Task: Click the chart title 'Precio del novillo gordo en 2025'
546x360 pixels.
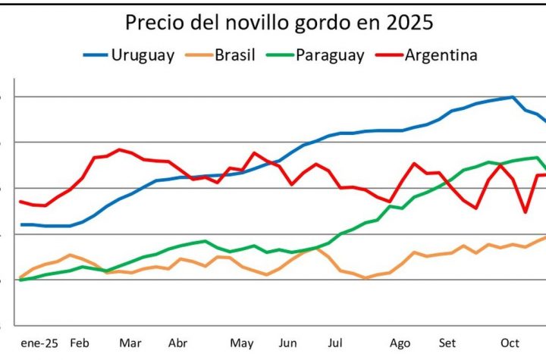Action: (x=279, y=23)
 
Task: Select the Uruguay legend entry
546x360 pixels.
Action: (x=143, y=55)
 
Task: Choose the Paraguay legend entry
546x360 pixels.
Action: (x=330, y=55)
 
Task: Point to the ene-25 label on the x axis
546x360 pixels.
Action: (x=38, y=342)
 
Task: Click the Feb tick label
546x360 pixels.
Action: (x=79, y=342)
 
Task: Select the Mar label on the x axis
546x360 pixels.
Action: (x=130, y=342)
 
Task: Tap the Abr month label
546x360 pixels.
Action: (x=177, y=342)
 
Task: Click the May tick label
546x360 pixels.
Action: (x=242, y=342)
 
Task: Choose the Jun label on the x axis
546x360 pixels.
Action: (x=288, y=342)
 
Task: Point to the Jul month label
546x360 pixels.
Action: (x=334, y=342)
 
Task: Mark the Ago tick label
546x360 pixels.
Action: (x=400, y=342)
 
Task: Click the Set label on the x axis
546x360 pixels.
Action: (x=447, y=342)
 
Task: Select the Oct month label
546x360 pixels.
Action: (x=510, y=342)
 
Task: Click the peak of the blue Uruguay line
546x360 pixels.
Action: (x=513, y=97)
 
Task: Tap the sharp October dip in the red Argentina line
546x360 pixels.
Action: (x=526, y=212)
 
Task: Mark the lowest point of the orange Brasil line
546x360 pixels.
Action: (x=366, y=278)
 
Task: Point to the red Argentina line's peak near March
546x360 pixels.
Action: (x=119, y=149)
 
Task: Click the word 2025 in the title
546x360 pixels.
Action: (x=410, y=23)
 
